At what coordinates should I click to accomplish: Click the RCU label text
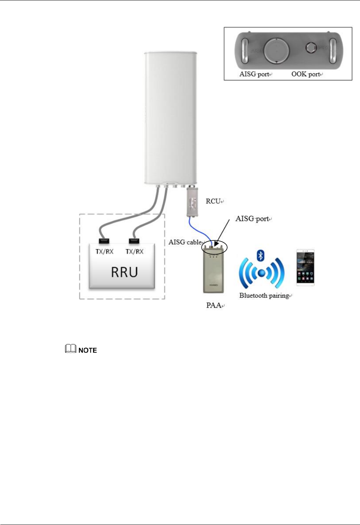click(x=213, y=201)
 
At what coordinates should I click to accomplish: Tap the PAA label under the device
click(x=214, y=305)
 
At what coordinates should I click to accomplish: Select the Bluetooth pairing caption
click(x=264, y=296)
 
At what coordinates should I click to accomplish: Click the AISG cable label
click(x=185, y=242)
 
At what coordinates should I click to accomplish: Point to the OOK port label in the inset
click(x=306, y=74)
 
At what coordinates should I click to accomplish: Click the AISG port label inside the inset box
click(x=254, y=74)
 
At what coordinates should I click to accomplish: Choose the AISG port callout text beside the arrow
click(x=252, y=219)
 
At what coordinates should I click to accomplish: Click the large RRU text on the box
click(x=124, y=272)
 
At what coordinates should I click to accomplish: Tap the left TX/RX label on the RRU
click(x=105, y=252)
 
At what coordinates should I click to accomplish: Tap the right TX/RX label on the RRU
click(x=134, y=252)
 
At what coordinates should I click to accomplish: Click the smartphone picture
click(x=305, y=268)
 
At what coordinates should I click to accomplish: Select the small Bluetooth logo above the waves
click(x=261, y=256)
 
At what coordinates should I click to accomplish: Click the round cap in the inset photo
click(x=277, y=51)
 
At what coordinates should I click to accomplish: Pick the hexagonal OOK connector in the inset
click(x=311, y=48)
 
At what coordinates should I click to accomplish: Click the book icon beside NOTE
click(x=70, y=349)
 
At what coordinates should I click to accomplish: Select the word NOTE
click(x=88, y=350)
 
